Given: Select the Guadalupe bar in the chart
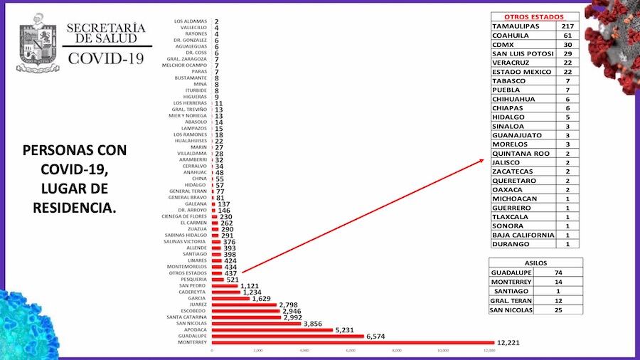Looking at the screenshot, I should point(287,336).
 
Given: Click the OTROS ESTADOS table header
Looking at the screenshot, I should point(534,16).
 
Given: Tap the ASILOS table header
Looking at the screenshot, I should point(536,263).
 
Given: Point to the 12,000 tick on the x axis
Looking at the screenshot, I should point(489,351).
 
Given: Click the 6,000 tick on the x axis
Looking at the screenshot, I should point(351,351).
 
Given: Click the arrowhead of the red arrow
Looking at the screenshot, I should point(484,162).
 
